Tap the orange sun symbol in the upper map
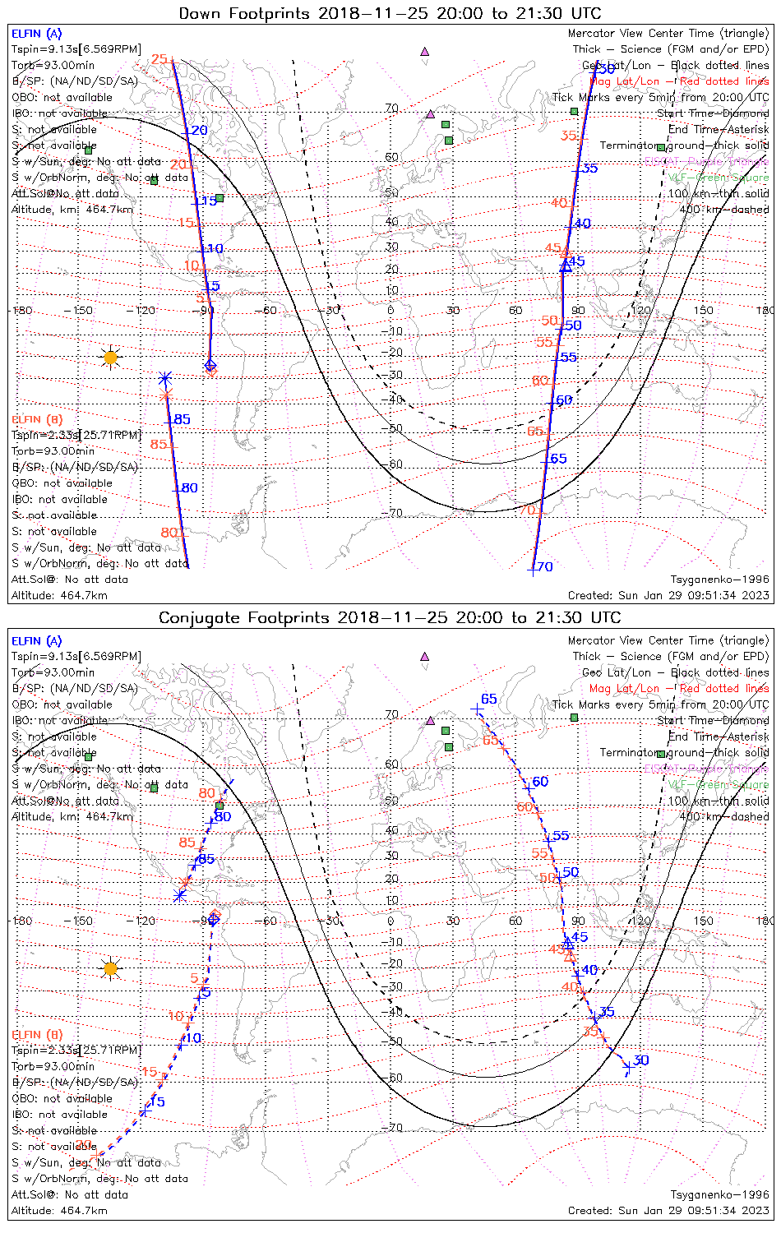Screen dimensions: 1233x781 110,358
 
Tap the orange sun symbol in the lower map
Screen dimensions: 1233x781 110,968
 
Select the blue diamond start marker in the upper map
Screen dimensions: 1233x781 210,365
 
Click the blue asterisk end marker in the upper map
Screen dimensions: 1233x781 165,379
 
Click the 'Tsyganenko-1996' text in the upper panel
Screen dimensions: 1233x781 719,580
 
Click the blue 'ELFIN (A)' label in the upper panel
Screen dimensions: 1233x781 37,34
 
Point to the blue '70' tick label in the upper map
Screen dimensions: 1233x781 545,567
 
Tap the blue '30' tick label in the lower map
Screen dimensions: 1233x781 641,1060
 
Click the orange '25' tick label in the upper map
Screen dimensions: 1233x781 159,59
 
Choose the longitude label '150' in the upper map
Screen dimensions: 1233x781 703,310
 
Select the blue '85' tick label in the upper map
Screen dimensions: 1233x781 182,419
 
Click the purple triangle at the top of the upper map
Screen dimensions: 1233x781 425,51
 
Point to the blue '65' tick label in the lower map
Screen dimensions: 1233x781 489,699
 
